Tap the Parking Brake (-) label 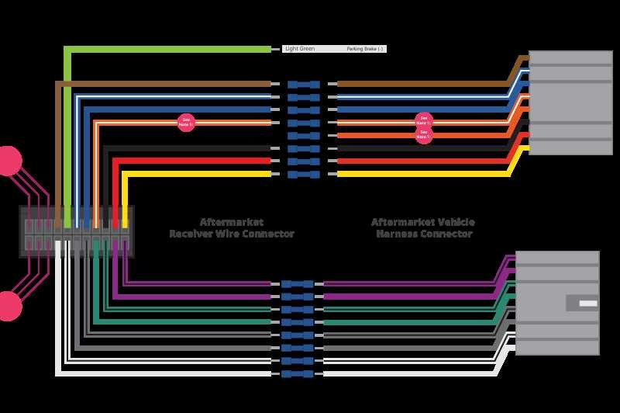click(365, 49)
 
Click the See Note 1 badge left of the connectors click(186, 122)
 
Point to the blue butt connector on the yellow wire click(303, 174)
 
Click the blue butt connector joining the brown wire click(303, 84)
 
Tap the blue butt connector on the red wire click(303, 161)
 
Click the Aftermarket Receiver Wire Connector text click(232, 227)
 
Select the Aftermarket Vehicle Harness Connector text click(423, 227)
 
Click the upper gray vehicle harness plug click(570, 102)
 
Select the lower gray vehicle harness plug click(557, 303)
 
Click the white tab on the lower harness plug click(587, 303)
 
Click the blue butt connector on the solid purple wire click(297, 297)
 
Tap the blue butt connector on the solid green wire click(297, 322)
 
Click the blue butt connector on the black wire click(303, 148)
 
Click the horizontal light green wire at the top click(170, 49)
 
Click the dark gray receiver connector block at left click(77, 231)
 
